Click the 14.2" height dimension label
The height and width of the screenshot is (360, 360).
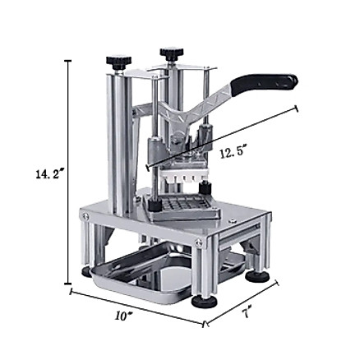tap(50, 174)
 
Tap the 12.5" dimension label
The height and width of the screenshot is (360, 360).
tap(232, 152)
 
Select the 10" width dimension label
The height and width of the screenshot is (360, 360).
tap(123, 316)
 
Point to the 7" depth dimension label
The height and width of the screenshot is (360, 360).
tap(247, 312)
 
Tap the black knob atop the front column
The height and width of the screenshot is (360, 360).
tap(119, 62)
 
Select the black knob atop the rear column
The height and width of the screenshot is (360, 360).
tap(172, 53)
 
